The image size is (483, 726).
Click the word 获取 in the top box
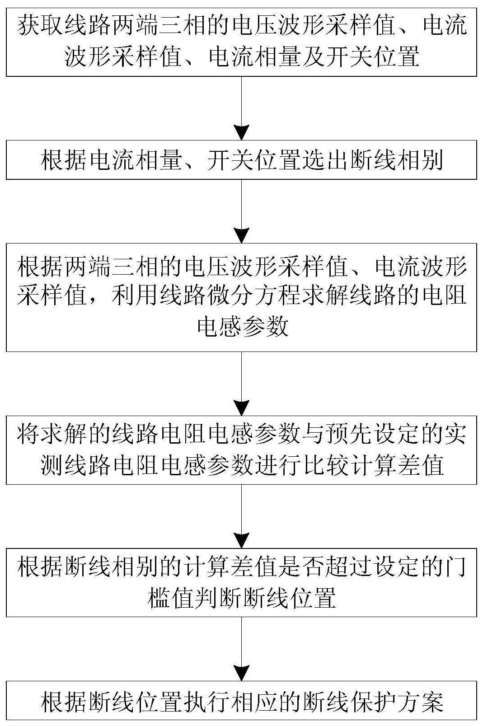[40, 25]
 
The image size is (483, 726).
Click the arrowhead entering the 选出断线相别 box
[241, 132]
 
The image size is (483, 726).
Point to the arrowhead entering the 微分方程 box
[241, 235]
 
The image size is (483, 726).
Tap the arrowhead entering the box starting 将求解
[241, 408]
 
